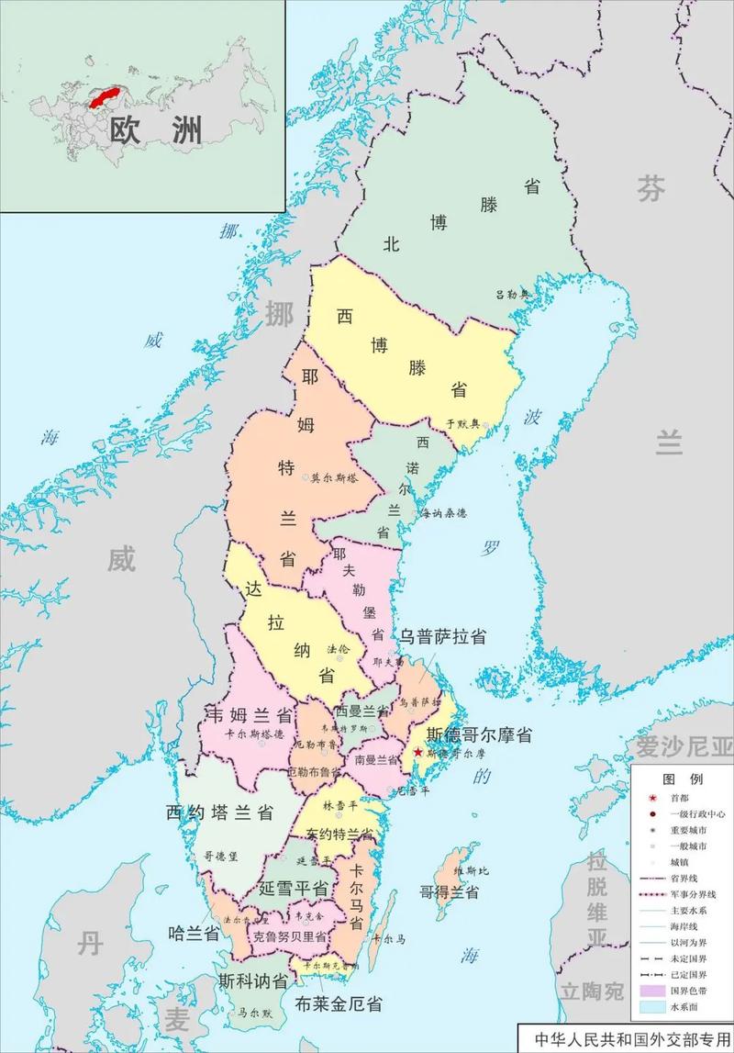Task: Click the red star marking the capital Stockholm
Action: [418, 752]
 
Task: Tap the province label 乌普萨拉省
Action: [441, 636]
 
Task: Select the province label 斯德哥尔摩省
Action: [473, 735]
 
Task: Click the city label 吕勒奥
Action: [513, 295]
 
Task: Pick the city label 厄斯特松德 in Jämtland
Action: [334, 478]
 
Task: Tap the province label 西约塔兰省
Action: [219, 812]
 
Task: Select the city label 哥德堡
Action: [221, 856]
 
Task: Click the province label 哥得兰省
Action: [450, 891]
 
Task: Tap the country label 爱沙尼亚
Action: [685, 745]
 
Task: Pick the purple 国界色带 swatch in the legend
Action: [652, 991]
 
